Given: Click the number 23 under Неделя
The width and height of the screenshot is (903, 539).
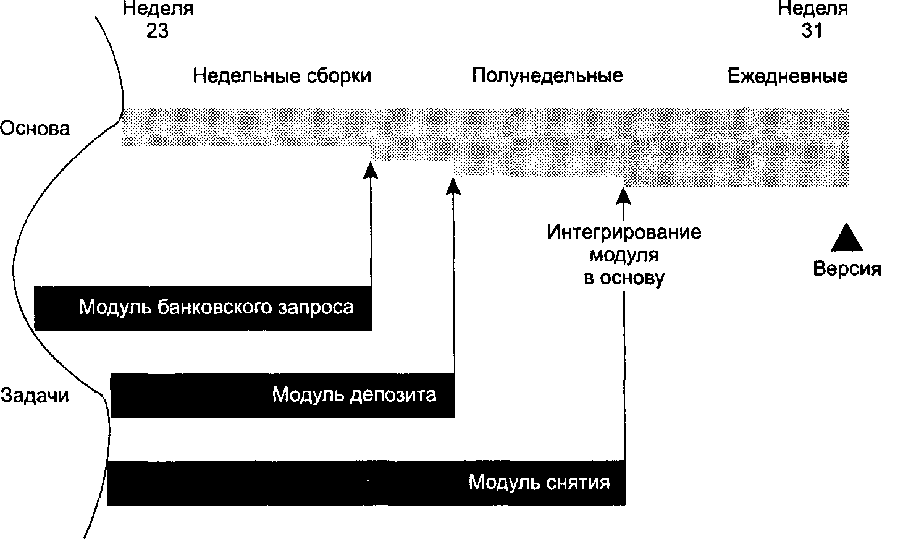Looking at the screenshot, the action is coord(157,31).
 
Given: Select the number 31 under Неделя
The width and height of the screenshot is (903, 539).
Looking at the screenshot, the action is coord(812,31).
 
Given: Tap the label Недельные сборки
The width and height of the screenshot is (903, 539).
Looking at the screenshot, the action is coord(282,76).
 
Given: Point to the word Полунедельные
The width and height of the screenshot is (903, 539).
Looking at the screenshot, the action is coord(547,76).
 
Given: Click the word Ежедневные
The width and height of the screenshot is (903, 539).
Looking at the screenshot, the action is coord(787,76).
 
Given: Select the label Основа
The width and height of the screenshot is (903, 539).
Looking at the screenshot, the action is coord(35,129).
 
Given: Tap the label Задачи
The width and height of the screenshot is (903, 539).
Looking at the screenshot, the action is coord(35,396).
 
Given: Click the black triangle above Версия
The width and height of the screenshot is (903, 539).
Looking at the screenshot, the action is coord(847,237).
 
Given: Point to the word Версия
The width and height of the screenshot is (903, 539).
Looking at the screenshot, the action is coord(847,268).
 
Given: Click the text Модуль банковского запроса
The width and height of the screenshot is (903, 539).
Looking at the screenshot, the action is coord(216,307).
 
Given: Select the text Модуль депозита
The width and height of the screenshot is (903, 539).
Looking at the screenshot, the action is coord(354,394).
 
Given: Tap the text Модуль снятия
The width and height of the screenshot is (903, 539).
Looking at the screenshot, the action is coord(539,482).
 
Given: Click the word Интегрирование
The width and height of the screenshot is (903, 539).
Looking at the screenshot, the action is coord(624,232).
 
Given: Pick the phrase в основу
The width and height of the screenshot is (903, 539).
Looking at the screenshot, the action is coord(624,278).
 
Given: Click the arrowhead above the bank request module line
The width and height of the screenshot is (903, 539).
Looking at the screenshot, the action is coord(371,170).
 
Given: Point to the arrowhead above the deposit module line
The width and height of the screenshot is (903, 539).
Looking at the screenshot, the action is coord(453,186).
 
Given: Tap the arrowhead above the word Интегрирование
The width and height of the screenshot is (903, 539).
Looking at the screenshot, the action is coord(624,196).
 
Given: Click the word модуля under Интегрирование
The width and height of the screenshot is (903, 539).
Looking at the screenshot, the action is coord(624,256).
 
